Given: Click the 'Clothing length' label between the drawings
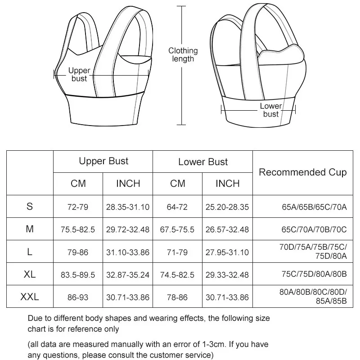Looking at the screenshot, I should [x=183, y=55].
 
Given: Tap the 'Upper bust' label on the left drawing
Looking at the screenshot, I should [x=79, y=75].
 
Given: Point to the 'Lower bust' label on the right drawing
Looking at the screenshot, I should [x=271, y=110].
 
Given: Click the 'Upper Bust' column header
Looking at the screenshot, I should [x=103, y=161].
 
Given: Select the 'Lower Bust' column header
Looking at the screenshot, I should [x=203, y=162].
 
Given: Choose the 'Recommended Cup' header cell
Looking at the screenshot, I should [x=303, y=172].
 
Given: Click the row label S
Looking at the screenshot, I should [x=30, y=207].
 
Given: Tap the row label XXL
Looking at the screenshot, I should [x=30, y=297].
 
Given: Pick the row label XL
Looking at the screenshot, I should [x=30, y=274].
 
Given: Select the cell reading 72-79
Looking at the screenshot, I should [x=78, y=207].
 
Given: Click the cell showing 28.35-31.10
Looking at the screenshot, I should [x=128, y=207].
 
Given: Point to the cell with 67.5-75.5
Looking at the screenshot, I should [x=177, y=229].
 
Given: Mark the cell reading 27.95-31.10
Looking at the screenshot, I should [x=227, y=252].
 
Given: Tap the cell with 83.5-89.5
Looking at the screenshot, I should [x=78, y=274].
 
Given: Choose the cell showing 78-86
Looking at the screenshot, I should [x=177, y=297].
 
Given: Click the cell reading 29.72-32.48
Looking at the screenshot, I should [x=128, y=229].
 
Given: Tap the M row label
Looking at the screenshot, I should [x=30, y=229].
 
